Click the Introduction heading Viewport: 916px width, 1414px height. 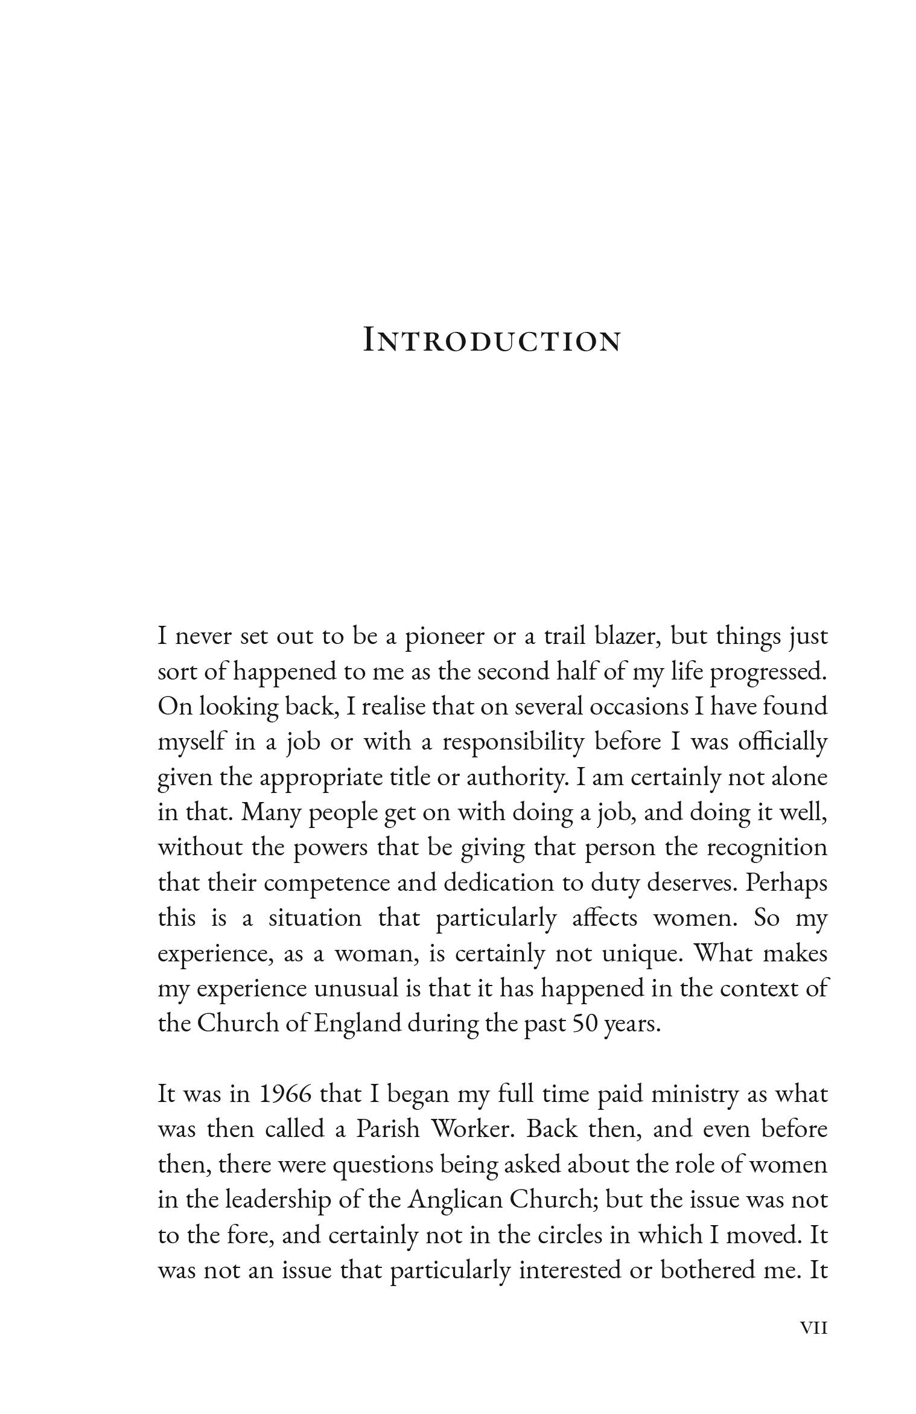[492, 340]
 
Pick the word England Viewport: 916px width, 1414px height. [357, 1025]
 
